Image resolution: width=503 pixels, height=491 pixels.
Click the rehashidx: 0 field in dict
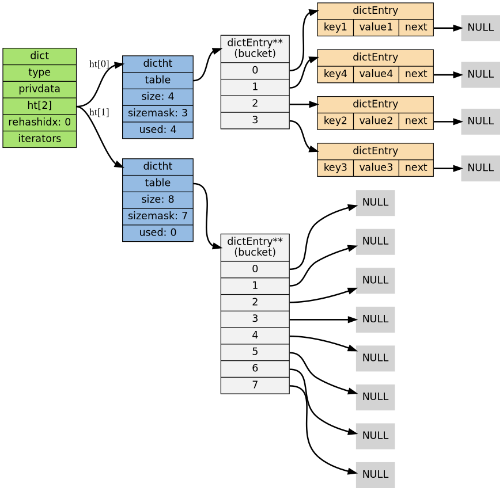coord(39,122)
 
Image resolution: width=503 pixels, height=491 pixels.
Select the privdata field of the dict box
coord(39,89)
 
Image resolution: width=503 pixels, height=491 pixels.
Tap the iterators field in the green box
coord(39,139)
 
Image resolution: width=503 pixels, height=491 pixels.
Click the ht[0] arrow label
coord(99,64)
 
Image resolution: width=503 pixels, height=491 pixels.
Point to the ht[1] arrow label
coord(99,112)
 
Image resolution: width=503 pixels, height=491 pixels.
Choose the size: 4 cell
coord(158,97)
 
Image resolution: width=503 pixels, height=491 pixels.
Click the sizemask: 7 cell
coord(158,216)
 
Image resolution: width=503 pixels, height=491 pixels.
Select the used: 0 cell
coord(158,233)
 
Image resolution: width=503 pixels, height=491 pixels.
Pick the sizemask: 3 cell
coord(158,113)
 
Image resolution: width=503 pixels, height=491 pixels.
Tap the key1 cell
coord(335,27)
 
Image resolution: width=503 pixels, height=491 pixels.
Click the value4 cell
coord(376,74)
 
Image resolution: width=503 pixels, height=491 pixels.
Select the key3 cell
coord(335,168)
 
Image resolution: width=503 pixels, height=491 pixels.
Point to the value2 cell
coord(376,121)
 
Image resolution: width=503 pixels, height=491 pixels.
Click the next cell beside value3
coord(416,168)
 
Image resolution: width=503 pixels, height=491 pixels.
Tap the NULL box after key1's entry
coord(481,28)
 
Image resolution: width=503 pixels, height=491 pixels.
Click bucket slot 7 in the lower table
coord(255,385)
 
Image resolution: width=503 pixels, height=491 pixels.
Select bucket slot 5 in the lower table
coord(255,352)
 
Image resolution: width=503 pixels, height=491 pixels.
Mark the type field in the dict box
coord(39,73)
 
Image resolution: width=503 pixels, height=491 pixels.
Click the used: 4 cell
coord(158,130)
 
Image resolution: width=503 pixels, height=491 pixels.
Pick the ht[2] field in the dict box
coord(39,106)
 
